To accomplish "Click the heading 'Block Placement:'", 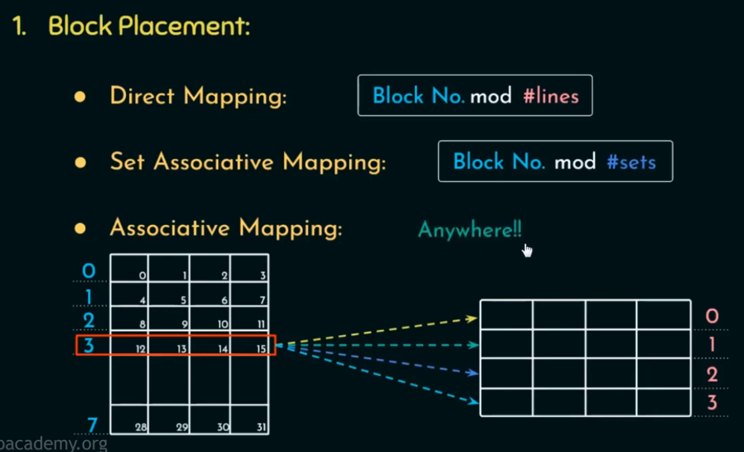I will pyautogui.click(x=149, y=26).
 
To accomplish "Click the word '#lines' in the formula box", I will pyautogui.click(x=550, y=96).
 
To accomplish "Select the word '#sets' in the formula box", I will pyautogui.click(x=631, y=162).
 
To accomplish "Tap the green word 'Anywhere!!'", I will pyautogui.click(x=470, y=230).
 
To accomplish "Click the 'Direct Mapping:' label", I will pyautogui.click(x=198, y=97).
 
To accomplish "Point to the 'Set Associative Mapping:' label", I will pyautogui.click(x=248, y=162).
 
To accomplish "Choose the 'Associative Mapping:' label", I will pyautogui.click(x=226, y=228).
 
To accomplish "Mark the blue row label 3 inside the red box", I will pyautogui.click(x=89, y=346).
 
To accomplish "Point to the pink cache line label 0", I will pyautogui.click(x=712, y=316).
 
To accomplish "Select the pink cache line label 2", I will pyautogui.click(x=712, y=375).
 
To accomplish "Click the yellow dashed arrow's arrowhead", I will pyautogui.click(x=473, y=319).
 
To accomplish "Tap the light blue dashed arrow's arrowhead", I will pyautogui.click(x=474, y=401).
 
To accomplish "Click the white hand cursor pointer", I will pyautogui.click(x=527, y=250).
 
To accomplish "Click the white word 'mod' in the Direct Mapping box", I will pyautogui.click(x=490, y=96).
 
